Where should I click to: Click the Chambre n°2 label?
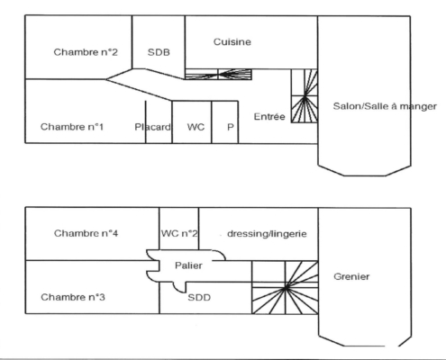(x=86, y=52)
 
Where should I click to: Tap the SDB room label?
(x=159, y=52)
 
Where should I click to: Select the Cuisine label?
(x=232, y=41)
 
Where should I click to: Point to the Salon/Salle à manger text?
(x=385, y=106)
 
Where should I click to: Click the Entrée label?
(x=269, y=116)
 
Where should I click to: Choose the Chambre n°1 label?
(x=72, y=127)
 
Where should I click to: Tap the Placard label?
(x=152, y=127)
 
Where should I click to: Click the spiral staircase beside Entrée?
(x=305, y=96)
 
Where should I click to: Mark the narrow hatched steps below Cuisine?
(x=218, y=74)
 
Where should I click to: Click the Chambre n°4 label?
(x=86, y=233)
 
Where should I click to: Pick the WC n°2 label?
(x=179, y=233)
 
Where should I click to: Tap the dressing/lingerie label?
(x=267, y=234)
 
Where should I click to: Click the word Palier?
(x=188, y=265)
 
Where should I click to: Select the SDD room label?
(x=199, y=298)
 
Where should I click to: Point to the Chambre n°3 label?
(x=73, y=297)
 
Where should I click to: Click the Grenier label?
(x=351, y=276)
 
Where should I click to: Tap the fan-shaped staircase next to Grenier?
(x=285, y=287)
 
